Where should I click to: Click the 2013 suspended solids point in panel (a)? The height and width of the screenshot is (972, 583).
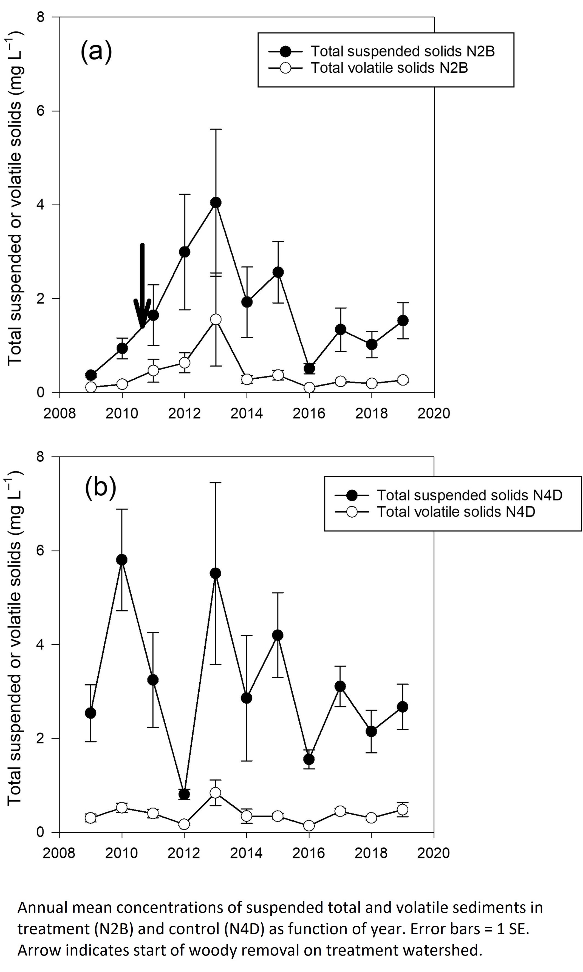pos(216,203)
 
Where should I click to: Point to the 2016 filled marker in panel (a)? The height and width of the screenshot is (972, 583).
pos(309,369)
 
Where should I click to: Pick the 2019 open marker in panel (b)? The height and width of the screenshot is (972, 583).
pos(403,809)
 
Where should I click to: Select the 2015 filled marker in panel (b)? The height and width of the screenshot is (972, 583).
pos(278,635)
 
